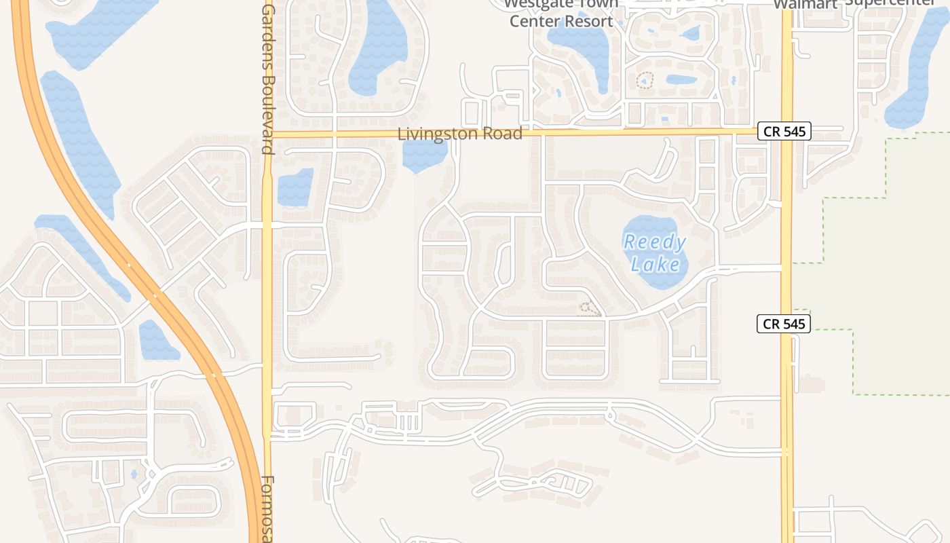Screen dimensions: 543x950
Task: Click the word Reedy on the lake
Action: click(655, 242)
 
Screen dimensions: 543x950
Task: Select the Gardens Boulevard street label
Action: click(268, 78)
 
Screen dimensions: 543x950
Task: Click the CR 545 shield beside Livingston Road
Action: click(784, 132)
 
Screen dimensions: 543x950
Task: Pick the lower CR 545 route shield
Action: click(784, 324)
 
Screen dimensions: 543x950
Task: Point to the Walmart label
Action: click(805, 4)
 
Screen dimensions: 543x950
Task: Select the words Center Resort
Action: click(561, 21)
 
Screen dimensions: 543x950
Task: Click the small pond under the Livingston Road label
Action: click(424, 156)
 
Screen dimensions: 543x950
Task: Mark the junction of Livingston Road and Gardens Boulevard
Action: click(267, 134)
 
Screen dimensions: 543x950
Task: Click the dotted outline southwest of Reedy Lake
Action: click(589, 310)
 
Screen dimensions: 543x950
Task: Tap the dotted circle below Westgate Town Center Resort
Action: click(644, 81)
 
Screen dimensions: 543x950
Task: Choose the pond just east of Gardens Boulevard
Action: click(295, 187)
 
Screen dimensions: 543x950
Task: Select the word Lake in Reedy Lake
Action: click(655, 263)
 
